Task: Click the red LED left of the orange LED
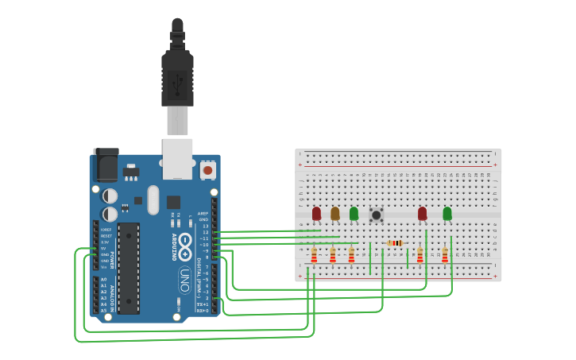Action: pyautogui.click(x=316, y=213)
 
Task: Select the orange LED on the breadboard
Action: pyautogui.click(x=334, y=213)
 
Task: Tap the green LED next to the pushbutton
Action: pyautogui.click(x=354, y=213)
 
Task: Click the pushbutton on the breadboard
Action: pyautogui.click(x=377, y=215)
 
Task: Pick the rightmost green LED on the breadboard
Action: pyautogui.click(x=446, y=213)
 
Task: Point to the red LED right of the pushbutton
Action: pyautogui.click(x=422, y=213)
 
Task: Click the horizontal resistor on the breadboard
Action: pyautogui.click(x=394, y=243)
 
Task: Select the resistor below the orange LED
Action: pyautogui.click(x=332, y=255)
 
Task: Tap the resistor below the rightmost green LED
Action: pyautogui.click(x=444, y=255)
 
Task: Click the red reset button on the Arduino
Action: pyautogui.click(x=208, y=169)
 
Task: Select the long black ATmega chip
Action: pyautogui.click(x=128, y=268)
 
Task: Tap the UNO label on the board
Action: pyautogui.click(x=184, y=279)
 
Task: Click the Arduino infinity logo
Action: pyautogui.click(x=184, y=242)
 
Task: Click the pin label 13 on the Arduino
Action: pyautogui.click(x=206, y=226)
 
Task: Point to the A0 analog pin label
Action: pyautogui.click(x=104, y=279)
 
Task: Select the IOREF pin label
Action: pyautogui.click(x=106, y=230)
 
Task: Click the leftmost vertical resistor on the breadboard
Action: pyautogui.click(x=313, y=255)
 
